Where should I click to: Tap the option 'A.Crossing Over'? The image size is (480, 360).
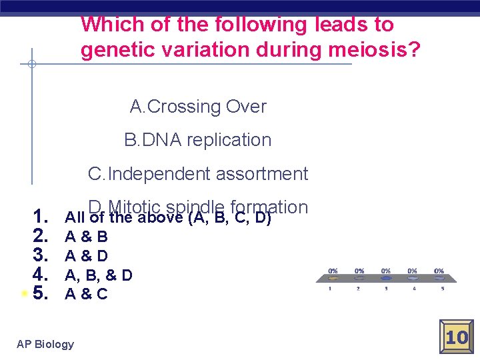pyautogui.click(x=198, y=107)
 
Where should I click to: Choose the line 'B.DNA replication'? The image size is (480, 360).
pyautogui.click(x=198, y=140)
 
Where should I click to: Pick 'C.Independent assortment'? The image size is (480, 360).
pyautogui.click(x=198, y=174)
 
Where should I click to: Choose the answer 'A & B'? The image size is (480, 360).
pyautogui.click(x=86, y=237)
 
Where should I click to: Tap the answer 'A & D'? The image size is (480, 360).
pyautogui.click(x=86, y=255)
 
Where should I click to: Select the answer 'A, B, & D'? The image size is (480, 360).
pyautogui.click(x=98, y=275)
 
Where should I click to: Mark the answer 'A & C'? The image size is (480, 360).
pyautogui.click(x=86, y=294)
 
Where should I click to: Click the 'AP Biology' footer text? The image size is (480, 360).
pyautogui.click(x=45, y=344)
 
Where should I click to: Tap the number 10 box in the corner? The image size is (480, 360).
pyautogui.click(x=457, y=337)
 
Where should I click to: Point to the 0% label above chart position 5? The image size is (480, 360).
pyautogui.click(x=439, y=271)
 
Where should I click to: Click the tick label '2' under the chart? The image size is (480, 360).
pyautogui.click(x=359, y=289)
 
